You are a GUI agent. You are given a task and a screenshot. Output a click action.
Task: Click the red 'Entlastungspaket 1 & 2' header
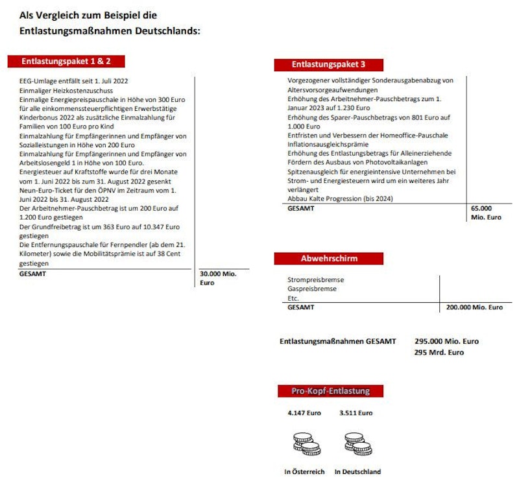(x=66, y=62)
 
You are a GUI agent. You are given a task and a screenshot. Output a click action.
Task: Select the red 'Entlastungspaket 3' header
(x=328, y=65)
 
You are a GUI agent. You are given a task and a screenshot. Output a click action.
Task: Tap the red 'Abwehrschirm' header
(x=329, y=259)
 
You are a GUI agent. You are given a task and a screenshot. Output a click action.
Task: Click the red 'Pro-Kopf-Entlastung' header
(x=330, y=391)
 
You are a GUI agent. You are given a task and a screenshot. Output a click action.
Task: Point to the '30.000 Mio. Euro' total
(x=218, y=278)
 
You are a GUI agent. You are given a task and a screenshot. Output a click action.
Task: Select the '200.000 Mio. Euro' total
(x=474, y=307)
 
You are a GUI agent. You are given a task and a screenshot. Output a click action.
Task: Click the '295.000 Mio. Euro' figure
(x=446, y=341)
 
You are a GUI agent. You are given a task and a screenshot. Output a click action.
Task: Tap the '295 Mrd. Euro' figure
(x=439, y=353)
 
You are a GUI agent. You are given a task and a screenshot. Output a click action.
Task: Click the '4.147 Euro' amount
(x=304, y=412)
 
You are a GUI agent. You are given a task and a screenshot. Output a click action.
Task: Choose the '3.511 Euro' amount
(x=356, y=412)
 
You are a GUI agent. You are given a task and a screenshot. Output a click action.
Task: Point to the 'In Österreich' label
(x=304, y=472)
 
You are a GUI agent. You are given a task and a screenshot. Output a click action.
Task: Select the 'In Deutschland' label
(x=357, y=472)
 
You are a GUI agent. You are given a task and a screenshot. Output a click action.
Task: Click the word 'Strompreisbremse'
(x=316, y=279)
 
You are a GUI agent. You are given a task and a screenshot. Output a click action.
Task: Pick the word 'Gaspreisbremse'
(x=312, y=289)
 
